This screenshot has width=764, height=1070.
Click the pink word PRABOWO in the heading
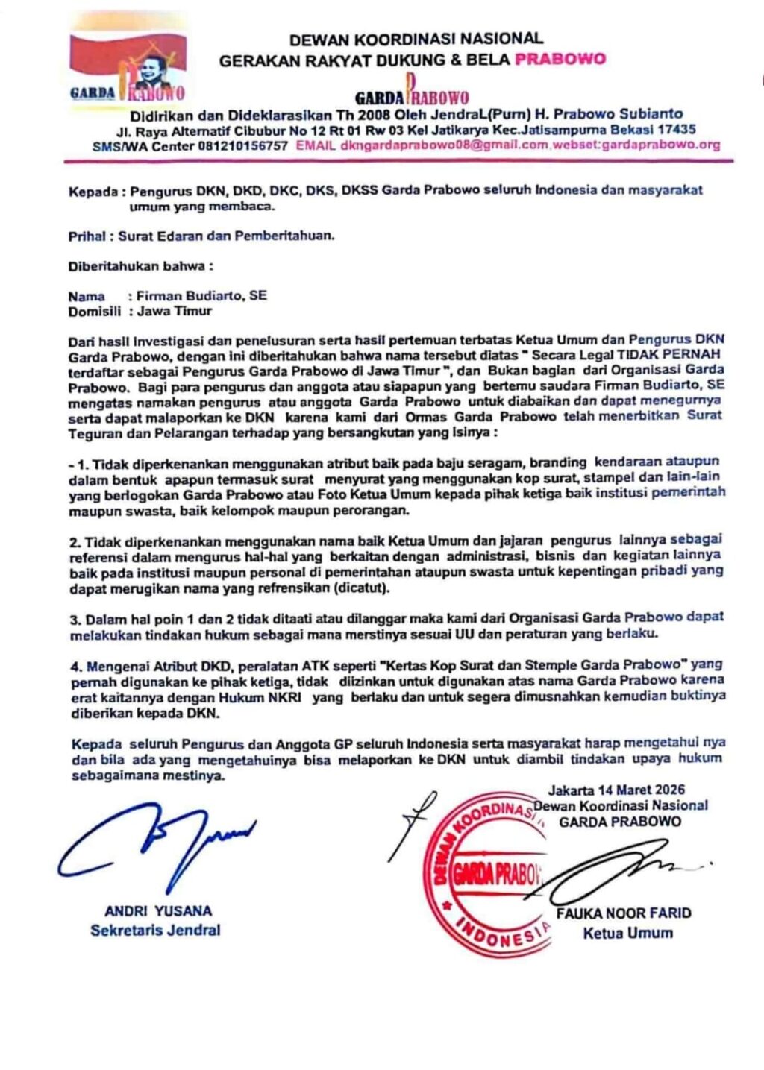coord(560,60)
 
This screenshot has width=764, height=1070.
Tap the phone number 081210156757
coord(242,146)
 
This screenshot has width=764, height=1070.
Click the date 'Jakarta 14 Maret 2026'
coord(616,790)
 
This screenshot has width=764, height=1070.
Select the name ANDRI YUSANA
coord(158,911)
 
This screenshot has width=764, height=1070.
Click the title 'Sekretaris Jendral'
coord(155,931)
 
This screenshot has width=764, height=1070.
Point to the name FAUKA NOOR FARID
coord(624,913)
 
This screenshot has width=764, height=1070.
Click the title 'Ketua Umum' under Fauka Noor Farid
coord(627,933)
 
